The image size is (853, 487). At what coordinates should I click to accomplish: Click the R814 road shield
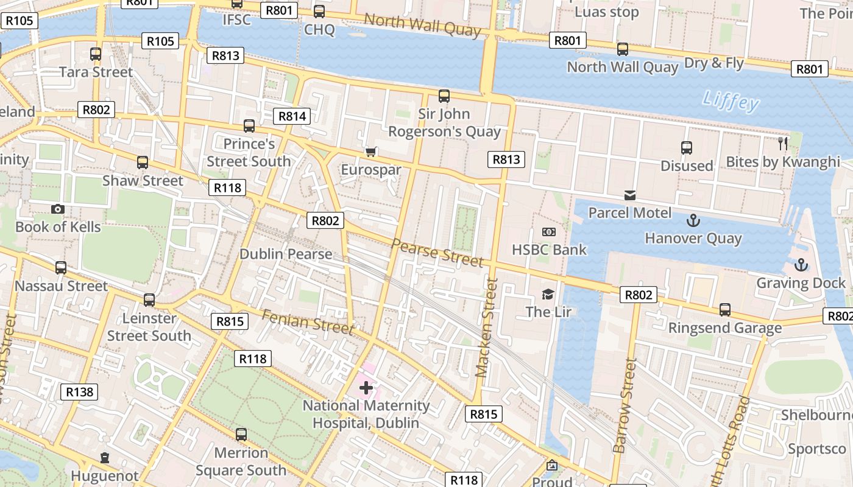coord(292,116)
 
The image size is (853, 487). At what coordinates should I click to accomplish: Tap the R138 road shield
coord(79,391)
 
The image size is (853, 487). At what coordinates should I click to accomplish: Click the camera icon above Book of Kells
coord(58,209)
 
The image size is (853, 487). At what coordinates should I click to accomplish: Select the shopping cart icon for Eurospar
coord(370,152)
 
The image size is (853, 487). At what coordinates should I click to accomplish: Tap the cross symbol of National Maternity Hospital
coord(366,387)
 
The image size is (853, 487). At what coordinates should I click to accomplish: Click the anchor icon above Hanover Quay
coord(693,220)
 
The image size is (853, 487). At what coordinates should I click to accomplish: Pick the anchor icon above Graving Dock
coord(801,265)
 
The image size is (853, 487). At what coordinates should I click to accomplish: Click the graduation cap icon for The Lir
coord(548,295)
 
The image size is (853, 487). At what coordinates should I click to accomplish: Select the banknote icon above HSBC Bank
coord(549,232)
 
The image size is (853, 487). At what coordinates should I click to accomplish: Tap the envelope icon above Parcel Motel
coord(630,195)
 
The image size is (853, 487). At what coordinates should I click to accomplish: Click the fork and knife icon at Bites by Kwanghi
coord(783,144)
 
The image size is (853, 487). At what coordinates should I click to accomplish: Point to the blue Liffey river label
coord(731,101)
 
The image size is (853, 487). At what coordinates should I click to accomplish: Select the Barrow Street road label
coord(624,406)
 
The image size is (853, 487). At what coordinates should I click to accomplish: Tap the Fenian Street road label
coord(308,322)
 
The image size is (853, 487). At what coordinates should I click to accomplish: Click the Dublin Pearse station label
coord(286,254)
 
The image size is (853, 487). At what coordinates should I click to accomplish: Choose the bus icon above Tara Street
coord(96,54)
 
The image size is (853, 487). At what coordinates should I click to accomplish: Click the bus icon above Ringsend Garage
coord(724,310)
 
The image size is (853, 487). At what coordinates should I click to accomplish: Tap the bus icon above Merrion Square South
coord(241,435)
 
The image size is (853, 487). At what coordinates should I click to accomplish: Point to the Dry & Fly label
coord(714,63)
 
